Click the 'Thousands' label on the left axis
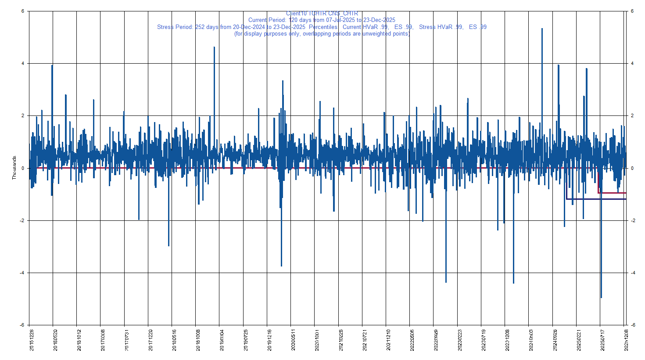(x=14, y=168)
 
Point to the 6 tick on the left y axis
(x=23, y=11)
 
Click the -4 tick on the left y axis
(x=22, y=273)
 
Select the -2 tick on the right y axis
(x=633, y=220)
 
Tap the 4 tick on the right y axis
(x=632, y=64)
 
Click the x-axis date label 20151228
(x=32, y=340)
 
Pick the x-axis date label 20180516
(x=174, y=340)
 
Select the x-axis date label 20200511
(x=293, y=340)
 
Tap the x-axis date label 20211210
(x=388, y=340)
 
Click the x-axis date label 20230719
(x=484, y=340)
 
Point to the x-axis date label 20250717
(x=602, y=340)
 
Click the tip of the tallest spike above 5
(x=542, y=29)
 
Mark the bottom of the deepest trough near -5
(x=601, y=298)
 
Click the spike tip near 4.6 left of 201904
(x=214, y=47)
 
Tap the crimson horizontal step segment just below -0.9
(x=614, y=193)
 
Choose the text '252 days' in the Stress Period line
(x=206, y=27)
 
